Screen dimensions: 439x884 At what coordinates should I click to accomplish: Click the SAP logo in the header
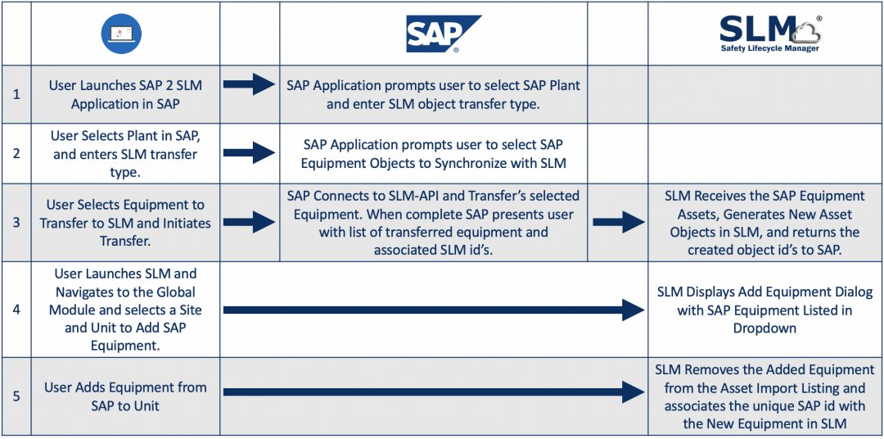(443, 34)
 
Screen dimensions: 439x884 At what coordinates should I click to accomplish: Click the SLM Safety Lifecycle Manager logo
(769, 34)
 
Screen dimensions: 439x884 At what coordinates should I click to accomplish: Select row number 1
(16, 94)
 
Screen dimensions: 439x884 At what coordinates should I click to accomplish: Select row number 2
(16, 153)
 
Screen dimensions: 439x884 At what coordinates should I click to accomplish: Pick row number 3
(16, 223)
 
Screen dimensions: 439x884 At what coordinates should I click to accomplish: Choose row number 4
(16, 310)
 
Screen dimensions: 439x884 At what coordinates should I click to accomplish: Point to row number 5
(16, 396)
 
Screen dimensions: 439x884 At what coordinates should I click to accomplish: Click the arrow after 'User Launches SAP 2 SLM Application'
(250, 84)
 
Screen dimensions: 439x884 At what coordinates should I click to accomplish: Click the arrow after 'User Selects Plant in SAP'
(250, 152)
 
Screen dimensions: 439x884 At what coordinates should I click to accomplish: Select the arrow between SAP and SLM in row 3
(618, 223)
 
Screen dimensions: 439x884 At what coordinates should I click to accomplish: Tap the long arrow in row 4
(434, 310)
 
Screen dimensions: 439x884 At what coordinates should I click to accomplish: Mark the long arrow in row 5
(434, 392)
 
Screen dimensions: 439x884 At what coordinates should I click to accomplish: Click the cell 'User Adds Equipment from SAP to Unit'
(125, 396)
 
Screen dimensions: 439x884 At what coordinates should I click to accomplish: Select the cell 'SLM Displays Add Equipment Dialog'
(764, 310)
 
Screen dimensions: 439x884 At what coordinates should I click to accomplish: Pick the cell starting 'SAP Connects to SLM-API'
(433, 223)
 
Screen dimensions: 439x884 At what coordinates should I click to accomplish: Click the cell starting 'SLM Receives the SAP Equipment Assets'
(764, 223)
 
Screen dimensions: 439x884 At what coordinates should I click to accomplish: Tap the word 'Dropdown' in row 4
(764, 328)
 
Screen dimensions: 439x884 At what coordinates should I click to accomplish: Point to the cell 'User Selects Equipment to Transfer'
(125, 223)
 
